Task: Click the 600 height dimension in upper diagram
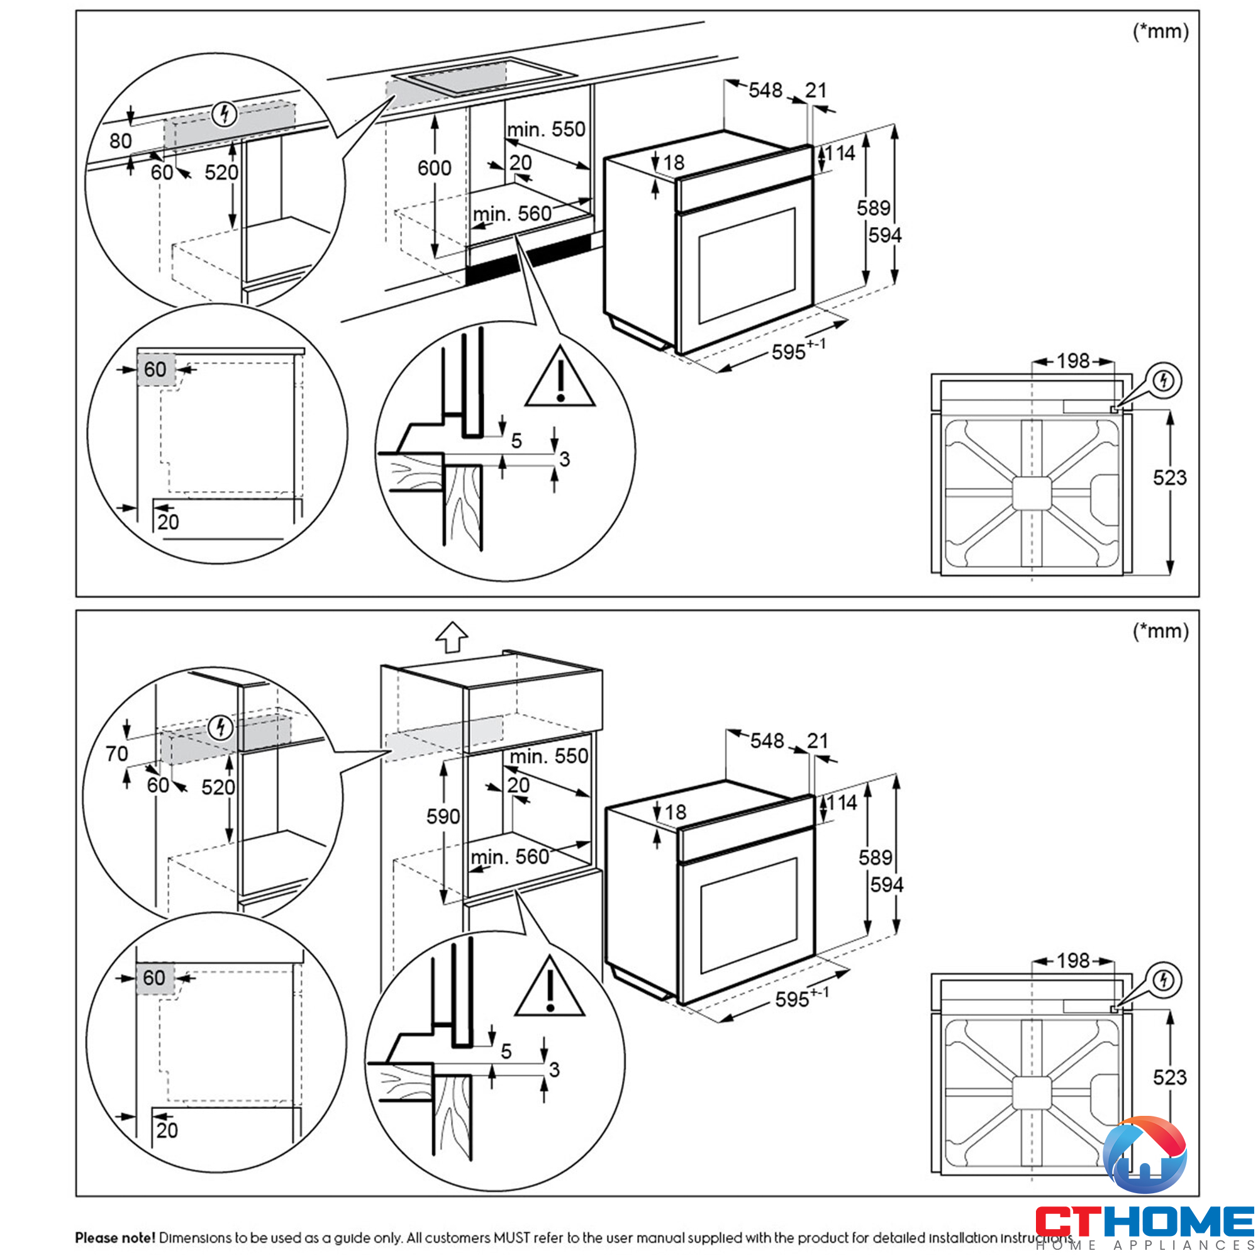coord(434,168)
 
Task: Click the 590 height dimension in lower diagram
coord(443,816)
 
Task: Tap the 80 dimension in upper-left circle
coord(121,141)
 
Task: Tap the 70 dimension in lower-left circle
coord(117,754)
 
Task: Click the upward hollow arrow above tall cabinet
coord(452,637)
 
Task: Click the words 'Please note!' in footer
coord(115,1237)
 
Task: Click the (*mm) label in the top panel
coord(1161,31)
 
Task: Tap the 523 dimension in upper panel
coord(1169,478)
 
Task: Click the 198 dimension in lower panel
coord(1073,960)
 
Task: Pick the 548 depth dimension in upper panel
coord(765,90)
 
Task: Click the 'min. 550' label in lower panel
coord(549,756)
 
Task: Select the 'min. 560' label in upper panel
coord(512,214)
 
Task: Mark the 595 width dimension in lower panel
coord(793,999)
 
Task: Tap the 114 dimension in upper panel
coord(840,153)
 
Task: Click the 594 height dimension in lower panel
coord(887,885)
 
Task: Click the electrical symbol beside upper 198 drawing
coord(1164,381)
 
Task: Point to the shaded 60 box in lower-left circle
coord(155,977)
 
